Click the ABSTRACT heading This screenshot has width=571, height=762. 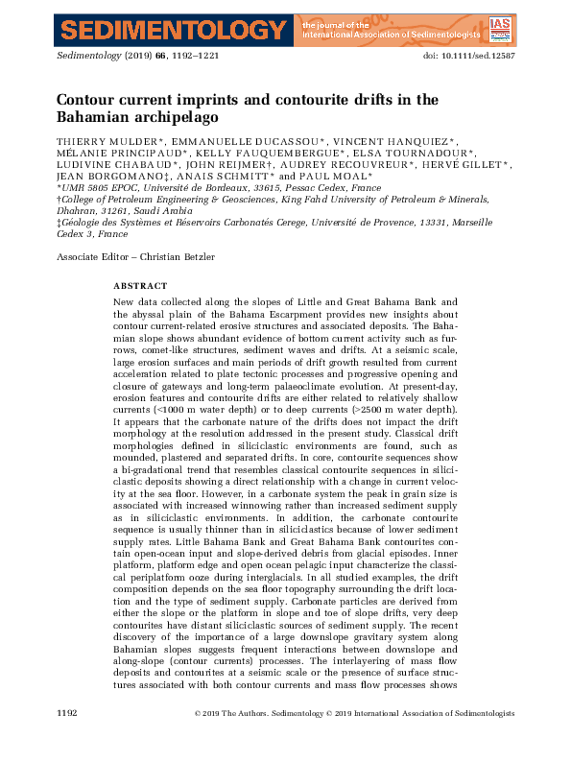pos(140,286)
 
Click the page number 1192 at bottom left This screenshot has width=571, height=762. pos(66,714)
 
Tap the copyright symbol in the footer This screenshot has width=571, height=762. pos(199,714)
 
